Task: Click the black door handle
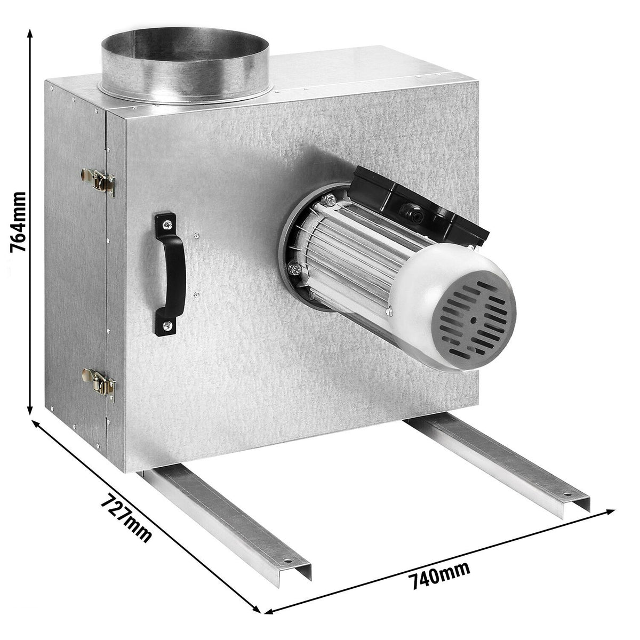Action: (x=170, y=274)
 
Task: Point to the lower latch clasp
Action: (x=99, y=385)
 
